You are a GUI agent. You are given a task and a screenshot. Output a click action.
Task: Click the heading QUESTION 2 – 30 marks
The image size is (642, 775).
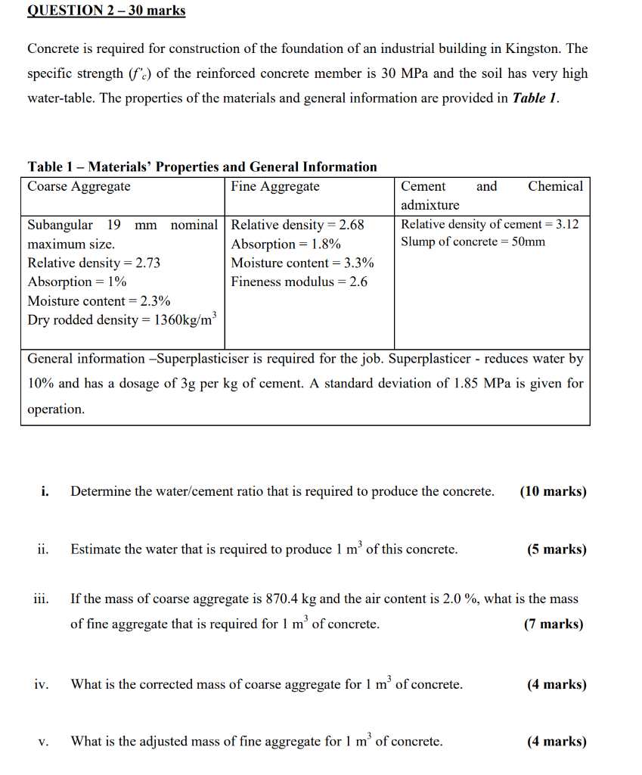click(106, 11)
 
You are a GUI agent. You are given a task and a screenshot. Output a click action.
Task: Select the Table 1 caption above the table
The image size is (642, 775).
click(202, 167)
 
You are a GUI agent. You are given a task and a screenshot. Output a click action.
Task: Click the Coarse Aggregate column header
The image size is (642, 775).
click(79, 186)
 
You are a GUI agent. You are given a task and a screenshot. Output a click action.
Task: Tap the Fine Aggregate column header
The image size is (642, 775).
click(275, 186)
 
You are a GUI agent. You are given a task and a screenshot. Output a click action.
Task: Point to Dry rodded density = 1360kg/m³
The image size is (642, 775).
click(121, 319)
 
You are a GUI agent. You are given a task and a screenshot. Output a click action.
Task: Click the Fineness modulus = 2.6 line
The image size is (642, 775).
click(299, 282)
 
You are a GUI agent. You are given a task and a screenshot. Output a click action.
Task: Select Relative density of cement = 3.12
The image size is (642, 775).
click(490, 224)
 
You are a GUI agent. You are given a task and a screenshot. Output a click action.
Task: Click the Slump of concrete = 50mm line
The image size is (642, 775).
click(473, 242)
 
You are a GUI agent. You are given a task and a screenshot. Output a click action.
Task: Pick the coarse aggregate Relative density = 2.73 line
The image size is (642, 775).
click(94, 263)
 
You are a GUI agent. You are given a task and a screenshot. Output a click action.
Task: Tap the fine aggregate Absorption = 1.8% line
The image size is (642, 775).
click(286, 244)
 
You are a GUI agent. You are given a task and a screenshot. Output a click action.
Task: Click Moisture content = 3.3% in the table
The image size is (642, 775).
click(302, 263)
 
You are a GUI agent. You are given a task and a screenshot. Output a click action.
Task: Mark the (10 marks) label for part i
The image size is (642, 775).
click(553, 491)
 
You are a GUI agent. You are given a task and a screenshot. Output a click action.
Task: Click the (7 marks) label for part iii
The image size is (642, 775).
click(553, 624)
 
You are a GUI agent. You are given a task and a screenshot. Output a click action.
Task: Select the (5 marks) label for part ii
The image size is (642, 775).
click(556, 549)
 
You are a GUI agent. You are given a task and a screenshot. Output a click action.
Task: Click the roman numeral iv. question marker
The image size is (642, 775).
click(42, 684)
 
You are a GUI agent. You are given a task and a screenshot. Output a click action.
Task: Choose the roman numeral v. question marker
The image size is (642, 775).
click(43, 742)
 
